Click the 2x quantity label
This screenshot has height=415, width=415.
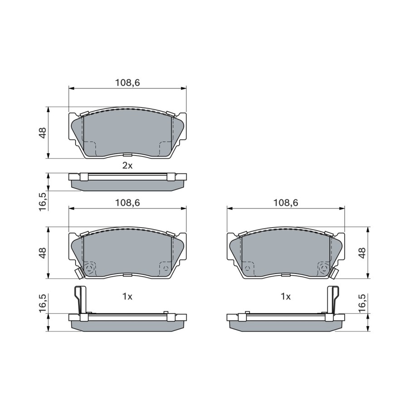pyautogui.click(x=127, y=166)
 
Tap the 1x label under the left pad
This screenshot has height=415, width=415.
pyautogui.click(x=127, y=297)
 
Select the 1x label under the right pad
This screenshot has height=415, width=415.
pyautogui.click(x=286, y=297)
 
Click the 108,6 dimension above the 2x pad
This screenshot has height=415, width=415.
pyautogui.click(x=127, y=83)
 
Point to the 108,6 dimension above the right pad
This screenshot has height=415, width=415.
pyautogui.click(x=286, y=203)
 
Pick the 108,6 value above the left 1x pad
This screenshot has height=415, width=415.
pyautogui.click(x=127, y=203)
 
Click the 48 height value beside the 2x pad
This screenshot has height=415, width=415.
pyautogui.click(x=42, y=132)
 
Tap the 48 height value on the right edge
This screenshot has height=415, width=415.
pyautogui.click(x=362, y=253)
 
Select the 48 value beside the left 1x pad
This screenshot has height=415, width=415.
pyautogui.click(x=42, y=253)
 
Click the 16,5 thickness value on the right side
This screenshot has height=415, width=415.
pyautogui.click(x=362, y=303)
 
